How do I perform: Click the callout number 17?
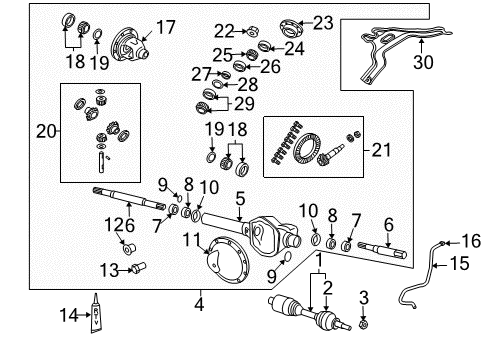(165, 27)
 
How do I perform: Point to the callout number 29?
(242, 104)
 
